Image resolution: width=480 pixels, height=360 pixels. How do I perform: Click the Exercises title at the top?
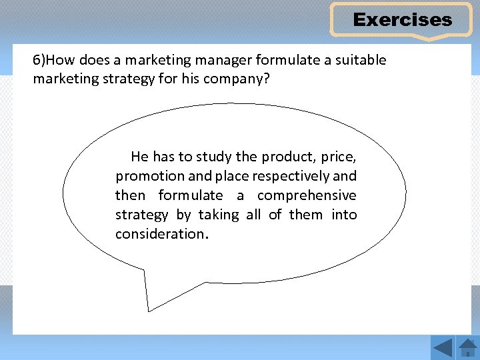click(x=402, y=20)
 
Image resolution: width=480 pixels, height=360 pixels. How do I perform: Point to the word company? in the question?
click(x=247, y=79)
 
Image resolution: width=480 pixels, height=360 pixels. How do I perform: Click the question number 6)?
click(x=39, y=60)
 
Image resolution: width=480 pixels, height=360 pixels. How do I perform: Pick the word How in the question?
click(x=61, y=60)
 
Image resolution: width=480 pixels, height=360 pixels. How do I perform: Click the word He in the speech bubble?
click(x=139, y=157)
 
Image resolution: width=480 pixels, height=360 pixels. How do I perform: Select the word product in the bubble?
click(x=289, y=157)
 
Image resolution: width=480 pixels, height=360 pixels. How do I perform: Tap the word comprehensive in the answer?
click(x=307, y=195)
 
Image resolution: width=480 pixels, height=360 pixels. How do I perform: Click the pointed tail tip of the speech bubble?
click(x=149, y=311)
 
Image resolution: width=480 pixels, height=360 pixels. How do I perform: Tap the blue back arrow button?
click(x=442, y=347)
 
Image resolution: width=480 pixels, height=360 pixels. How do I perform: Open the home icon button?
click(x=468, y=347)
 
